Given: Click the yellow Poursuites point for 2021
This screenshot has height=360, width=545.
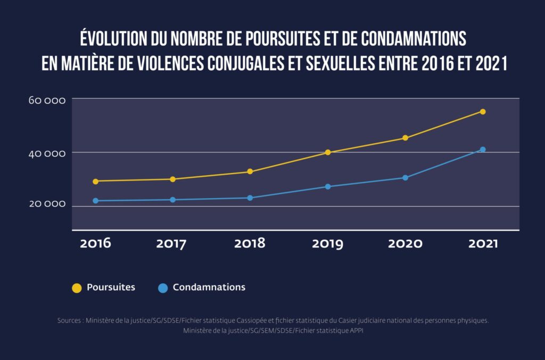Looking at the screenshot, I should tap(483, 111).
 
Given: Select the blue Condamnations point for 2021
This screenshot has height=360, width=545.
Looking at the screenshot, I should tap(483, 150).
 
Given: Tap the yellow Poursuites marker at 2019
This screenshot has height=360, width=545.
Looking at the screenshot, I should tap(328, 152).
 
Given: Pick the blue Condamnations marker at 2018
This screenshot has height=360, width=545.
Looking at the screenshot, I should tap(250, 198).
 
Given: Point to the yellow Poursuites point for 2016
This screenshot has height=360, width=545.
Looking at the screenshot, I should tap(95, 181).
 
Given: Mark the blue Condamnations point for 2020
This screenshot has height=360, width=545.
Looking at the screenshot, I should tap(405, 178).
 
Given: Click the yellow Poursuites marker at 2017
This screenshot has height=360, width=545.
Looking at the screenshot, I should tap(172, 179).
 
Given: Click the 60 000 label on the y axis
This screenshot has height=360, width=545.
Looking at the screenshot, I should tap(47, 101).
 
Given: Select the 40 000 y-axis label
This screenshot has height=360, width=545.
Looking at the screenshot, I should tap(47, 154).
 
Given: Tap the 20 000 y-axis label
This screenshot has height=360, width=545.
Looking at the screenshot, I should tap(47, 204).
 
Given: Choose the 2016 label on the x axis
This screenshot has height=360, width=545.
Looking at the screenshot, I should tap(95, 243).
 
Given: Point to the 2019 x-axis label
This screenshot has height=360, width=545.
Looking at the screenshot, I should tap(328, 243).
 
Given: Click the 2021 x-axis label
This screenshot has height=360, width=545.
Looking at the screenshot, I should tap(483, 243).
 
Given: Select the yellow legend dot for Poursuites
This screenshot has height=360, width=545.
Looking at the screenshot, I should tap(77, 288).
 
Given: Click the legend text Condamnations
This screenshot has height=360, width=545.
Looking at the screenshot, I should tap(209, 287).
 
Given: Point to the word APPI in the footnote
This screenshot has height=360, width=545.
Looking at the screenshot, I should tap(354, 331).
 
